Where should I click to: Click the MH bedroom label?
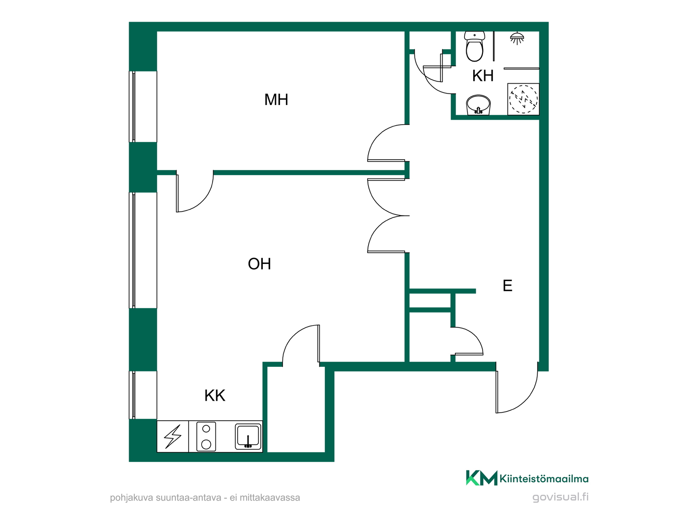[x=276, y=100]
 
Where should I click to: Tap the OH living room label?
[x=259, y=264]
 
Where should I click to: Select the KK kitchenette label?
[x=215, y=395]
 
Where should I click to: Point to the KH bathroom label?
[x=483, y=76]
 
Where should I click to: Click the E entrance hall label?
[x=507, y=285]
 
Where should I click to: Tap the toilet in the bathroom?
[x=474, y=46]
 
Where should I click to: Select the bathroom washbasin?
[x=478, y=105]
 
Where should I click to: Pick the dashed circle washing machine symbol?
[x=523, y=99]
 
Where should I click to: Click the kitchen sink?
[x=248, y=436]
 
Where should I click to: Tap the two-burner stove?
[x=206, y=436]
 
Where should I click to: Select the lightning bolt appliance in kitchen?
[x=173, y=436]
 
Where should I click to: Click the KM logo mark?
[x=482, y=478]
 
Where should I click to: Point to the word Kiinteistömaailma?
[x=544, y=479]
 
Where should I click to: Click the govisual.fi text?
[x=560, y=497]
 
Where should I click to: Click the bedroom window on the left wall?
[x=143, y=106]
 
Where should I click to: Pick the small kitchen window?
[x=143, y=395]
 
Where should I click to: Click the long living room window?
[x=143, y=250]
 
